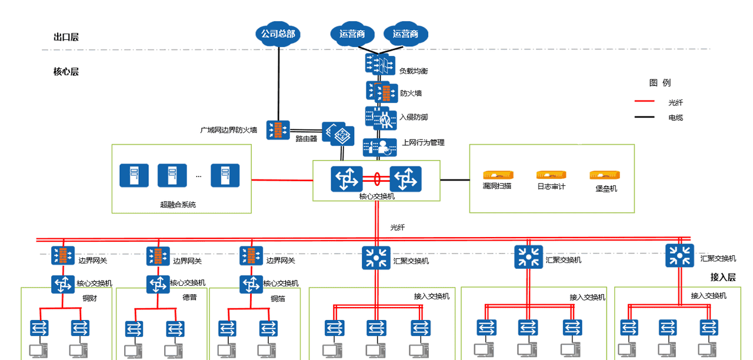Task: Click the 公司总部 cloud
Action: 278,34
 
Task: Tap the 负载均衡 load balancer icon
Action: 377,64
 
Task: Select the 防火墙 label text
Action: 411,93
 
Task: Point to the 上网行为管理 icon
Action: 377,147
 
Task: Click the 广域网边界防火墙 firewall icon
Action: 278,130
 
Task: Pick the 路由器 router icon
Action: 338,134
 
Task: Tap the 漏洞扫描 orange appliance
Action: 498,175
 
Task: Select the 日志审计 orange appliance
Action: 551,175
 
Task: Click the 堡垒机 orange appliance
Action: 605,175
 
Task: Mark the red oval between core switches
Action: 376,178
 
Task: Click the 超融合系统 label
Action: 178,205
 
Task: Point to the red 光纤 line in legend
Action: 644,102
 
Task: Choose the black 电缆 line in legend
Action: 644,117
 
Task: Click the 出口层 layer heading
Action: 66,37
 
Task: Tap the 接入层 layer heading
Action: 723,277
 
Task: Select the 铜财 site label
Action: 89,298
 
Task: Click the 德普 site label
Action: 189,298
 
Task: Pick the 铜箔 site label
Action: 278,298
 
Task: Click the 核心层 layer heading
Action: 66,72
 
